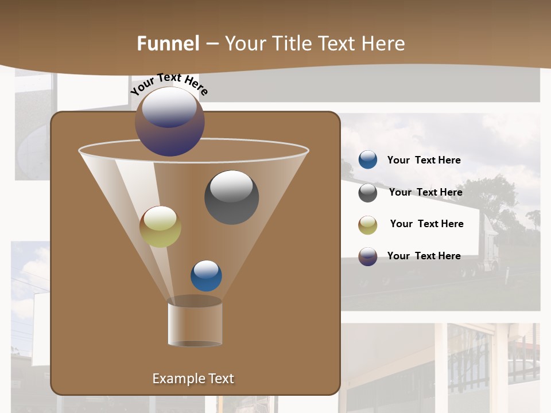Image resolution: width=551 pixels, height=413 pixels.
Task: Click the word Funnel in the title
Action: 168,44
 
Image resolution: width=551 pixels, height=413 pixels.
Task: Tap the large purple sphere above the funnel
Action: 170,121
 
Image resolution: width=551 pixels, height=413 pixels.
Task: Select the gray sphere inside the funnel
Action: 231,197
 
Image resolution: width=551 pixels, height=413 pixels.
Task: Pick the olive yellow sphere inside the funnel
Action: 160,227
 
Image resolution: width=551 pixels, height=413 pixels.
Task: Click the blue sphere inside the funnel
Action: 206,275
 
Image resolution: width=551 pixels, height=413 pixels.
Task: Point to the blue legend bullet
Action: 368,160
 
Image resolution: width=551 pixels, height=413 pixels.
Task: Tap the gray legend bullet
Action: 368,193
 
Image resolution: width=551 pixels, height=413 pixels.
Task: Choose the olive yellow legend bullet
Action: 368,225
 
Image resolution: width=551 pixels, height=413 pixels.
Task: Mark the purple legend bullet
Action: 368,256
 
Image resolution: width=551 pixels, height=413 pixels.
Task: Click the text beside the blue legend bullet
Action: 424,160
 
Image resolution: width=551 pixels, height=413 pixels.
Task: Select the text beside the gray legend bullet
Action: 425,192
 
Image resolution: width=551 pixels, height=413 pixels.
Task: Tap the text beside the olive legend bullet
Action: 426,224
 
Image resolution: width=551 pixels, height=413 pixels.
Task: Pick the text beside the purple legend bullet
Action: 424,256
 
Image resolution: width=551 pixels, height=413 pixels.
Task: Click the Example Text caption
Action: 193,379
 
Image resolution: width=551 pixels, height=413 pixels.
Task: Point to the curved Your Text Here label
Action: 169,84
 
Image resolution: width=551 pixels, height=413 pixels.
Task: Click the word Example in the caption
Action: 174,379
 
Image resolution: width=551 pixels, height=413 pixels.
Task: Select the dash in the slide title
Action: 212,44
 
